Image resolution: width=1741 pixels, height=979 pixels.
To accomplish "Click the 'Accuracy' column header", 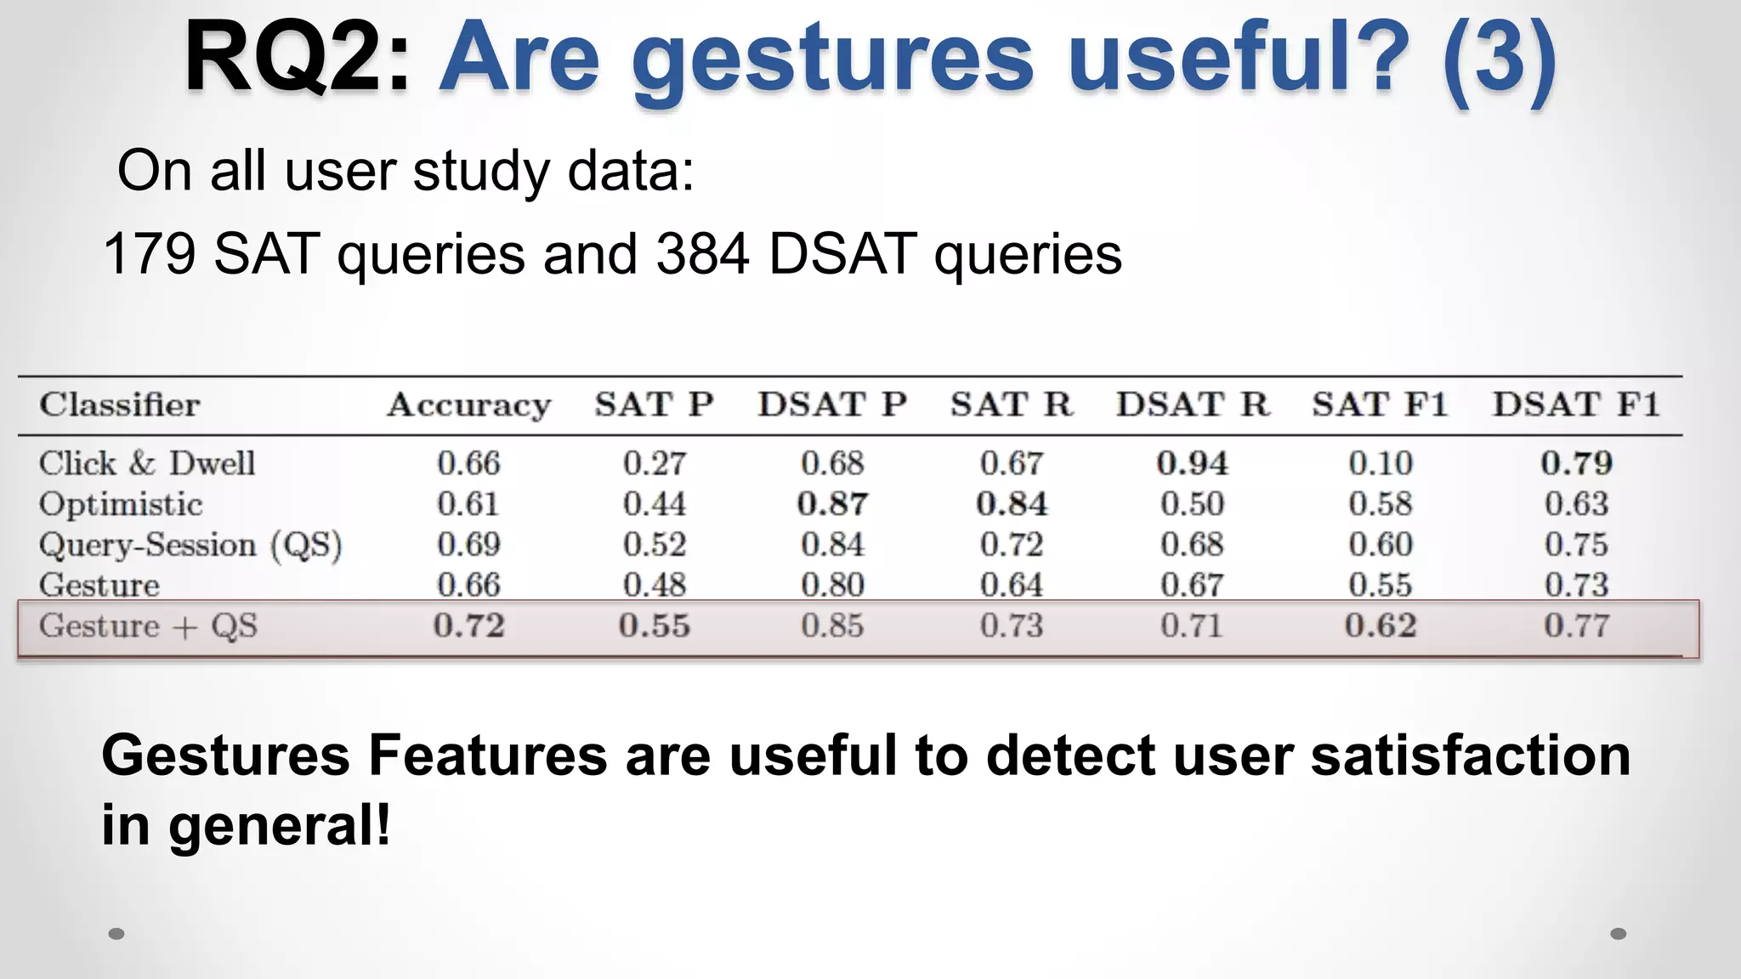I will (468, 405).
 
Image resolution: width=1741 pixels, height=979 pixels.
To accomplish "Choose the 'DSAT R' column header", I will (1193, 405).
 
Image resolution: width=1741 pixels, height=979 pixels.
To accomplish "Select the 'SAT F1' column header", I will (1379, 405).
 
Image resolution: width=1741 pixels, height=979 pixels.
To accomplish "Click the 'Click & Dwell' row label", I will (146, 463).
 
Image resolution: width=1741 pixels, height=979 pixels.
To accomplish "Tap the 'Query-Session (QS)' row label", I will (190, 545).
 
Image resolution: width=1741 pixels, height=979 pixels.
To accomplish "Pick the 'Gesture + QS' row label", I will (148, 626).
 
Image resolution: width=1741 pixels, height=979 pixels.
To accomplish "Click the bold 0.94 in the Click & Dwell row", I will (1192, 463).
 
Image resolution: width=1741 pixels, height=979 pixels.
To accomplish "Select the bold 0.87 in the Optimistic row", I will (832, 504).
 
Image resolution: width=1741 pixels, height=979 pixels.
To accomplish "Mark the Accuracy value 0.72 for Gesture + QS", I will (468, 626).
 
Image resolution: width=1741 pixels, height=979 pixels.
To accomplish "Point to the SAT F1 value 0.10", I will (1380, 463).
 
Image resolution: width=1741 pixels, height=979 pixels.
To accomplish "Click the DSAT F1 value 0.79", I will (1576, 463).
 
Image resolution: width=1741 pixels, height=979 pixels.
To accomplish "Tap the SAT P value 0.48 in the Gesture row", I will (654, 585).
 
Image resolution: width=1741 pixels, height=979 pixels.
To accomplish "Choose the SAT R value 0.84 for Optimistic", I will (1012, 504).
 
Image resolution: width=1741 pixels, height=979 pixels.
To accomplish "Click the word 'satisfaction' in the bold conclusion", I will (1470, 755).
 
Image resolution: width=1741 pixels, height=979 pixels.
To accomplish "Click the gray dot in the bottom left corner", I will (117, 934).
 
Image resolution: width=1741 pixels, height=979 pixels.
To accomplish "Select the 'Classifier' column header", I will (119, 405).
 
